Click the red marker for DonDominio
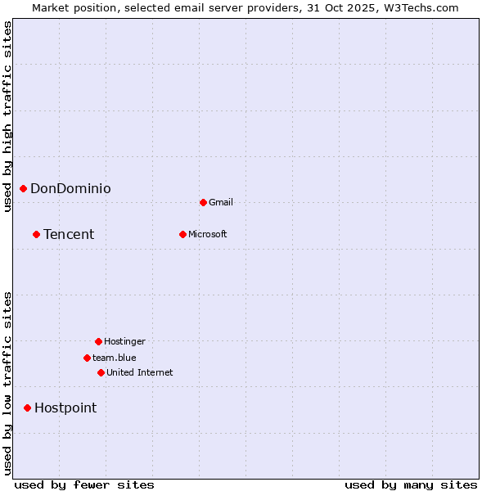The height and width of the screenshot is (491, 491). [x=23, y=189]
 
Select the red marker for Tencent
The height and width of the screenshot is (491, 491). [x=36, y=235]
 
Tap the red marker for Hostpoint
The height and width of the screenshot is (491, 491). [x=27, y=408]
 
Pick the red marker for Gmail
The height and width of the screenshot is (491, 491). [x=203, y=202]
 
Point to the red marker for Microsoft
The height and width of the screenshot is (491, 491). [x=182, y=235]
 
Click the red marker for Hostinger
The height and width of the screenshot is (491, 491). [x=98, y=341]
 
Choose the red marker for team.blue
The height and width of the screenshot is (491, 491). [x=87, y=358]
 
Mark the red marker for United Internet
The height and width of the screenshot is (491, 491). [x=101, y=372]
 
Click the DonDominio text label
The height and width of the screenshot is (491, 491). [x=70, y=189]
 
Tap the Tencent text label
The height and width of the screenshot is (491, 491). [x=69, y=235]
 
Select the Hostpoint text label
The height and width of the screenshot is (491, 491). [x=65, y=408]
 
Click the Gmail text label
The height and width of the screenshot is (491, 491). [x=221, y=202]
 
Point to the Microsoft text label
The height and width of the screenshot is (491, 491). [x=208, y=235]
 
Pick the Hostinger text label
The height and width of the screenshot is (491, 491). [x=124, y=341]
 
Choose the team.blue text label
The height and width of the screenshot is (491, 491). [x=115, y=358]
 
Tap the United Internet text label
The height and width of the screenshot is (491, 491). [x=140, y=372]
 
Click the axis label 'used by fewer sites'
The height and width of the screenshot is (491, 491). [x=84, y=484]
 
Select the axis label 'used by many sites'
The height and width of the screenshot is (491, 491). [x=411, y=484]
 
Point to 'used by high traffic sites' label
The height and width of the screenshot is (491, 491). [x=7, y=116]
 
